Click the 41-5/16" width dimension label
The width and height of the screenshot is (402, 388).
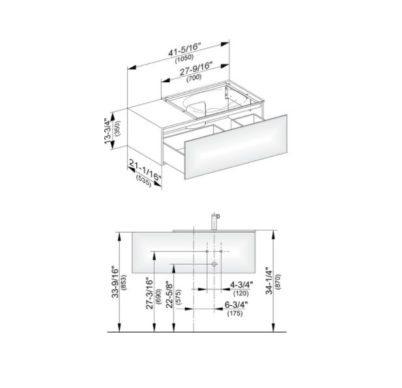point(184,50)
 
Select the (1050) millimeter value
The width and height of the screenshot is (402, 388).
point(184,59)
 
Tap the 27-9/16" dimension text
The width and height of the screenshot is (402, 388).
point(196,68)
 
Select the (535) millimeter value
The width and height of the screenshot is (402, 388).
point(143,181)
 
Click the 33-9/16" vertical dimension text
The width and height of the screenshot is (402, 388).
point(115,283)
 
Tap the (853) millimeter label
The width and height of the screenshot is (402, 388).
point(124,283)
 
